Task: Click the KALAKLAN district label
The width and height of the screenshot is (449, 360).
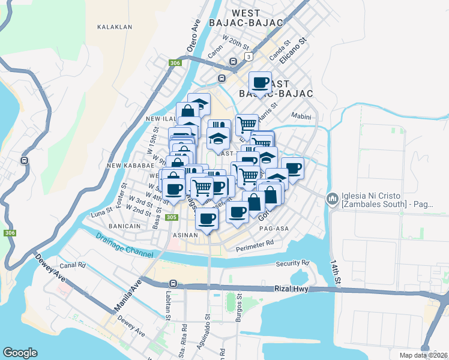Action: point(114,27)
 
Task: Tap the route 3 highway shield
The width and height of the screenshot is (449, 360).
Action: point(248,56)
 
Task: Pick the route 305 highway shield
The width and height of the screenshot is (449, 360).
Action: point(172,217)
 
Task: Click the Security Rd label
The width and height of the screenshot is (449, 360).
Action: point(292,263)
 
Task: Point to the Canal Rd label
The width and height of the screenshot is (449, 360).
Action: point(73,265)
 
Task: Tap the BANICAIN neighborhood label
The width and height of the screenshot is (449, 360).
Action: point(125,226)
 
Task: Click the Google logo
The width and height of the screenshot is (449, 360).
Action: point(20,353)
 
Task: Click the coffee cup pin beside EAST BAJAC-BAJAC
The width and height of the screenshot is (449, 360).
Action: point(260,82)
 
